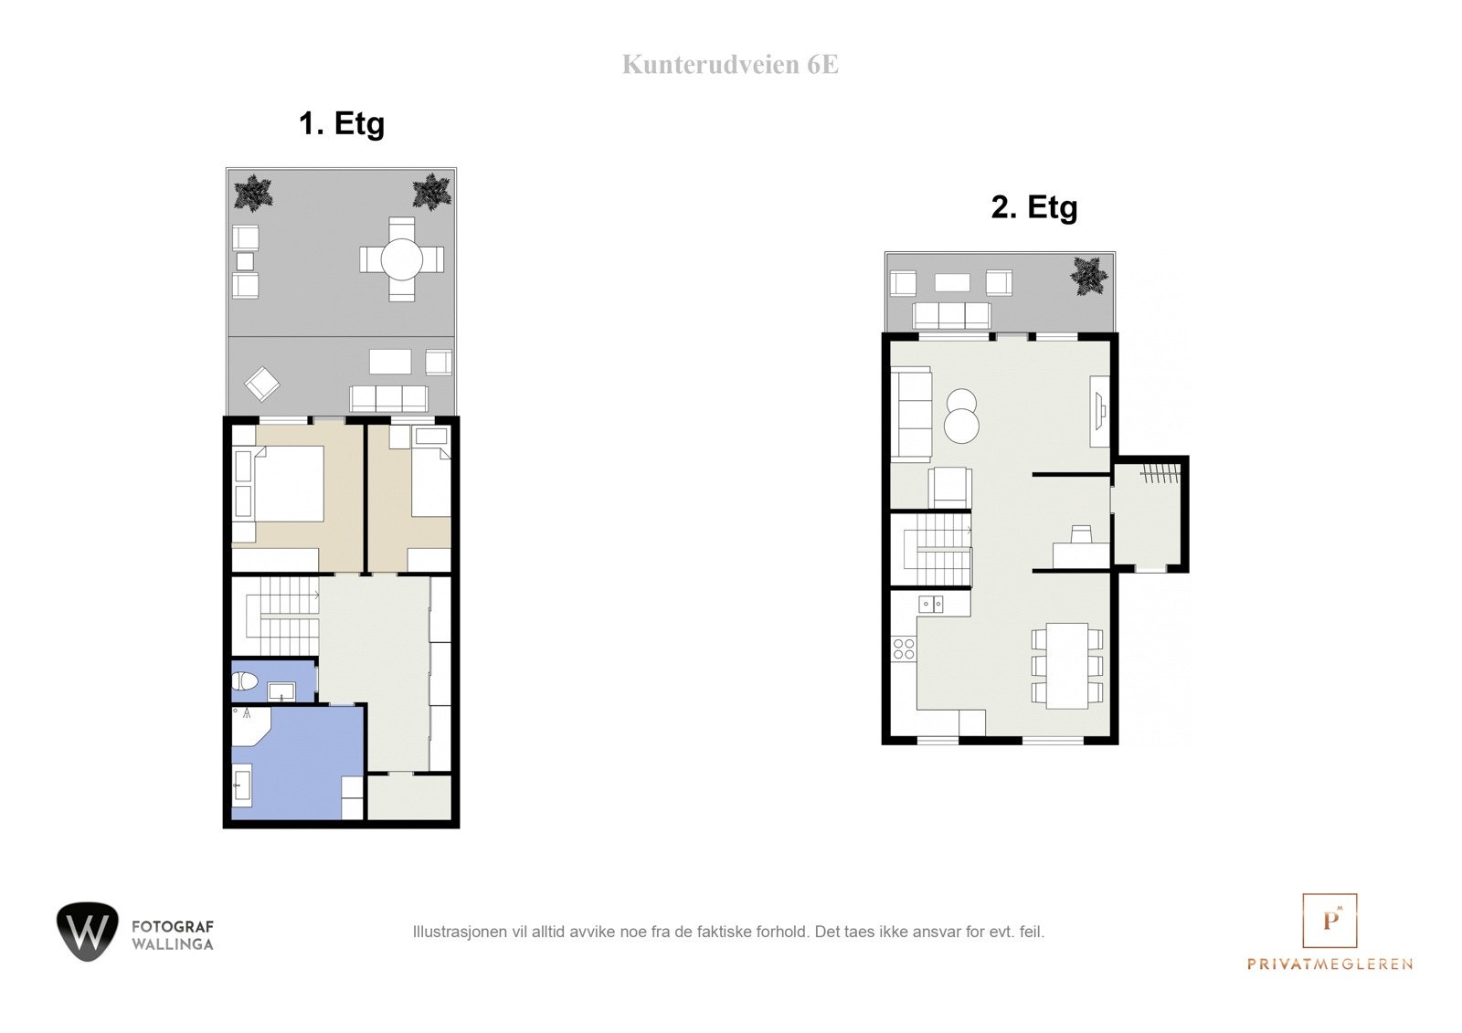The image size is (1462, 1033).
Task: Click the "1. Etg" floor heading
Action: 342,123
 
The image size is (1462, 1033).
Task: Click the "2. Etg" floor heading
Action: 1033,207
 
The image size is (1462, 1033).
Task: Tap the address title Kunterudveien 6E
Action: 730,65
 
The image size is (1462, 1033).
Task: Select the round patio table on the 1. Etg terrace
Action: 402,260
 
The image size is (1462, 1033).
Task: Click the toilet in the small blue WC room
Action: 244,680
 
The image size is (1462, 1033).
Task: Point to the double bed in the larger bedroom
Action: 288,483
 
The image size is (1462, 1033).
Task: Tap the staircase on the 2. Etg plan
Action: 938,550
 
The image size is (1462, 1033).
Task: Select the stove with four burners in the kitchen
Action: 904,649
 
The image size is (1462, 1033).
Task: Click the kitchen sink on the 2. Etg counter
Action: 931,604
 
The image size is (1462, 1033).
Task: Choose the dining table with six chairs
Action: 1067,666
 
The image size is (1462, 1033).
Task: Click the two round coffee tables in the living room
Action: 961,416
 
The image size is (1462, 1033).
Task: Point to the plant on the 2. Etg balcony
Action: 1089,275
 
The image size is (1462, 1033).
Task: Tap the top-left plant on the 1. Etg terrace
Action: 252,194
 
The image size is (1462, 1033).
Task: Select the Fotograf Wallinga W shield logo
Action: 88,931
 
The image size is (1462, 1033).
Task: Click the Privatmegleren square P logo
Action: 1330,920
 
